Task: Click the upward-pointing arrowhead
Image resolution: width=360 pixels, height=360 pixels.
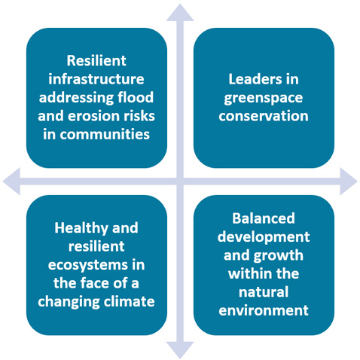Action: click(x=180, y=13)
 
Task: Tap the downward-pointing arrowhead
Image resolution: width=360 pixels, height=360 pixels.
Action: click(x=180, y=349)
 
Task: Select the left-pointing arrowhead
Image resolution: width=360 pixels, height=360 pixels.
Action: click(x=11, y=182)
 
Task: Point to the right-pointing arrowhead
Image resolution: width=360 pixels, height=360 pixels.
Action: click(x=349, y=182)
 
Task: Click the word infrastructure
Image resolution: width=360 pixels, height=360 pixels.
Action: click(x=96, y=79)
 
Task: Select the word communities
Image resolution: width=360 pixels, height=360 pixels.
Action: click(x=105, y=134)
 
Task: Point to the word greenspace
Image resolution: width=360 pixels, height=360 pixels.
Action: click(x=264, y=99)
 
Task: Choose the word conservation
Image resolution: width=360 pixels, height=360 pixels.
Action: click(x=264, y=116)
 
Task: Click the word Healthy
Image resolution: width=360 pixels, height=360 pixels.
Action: click(x=81, y=228)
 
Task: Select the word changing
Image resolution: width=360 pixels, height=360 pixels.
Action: click(x=69, y=302)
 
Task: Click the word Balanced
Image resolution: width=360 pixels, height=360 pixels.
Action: click(x=264, y=218)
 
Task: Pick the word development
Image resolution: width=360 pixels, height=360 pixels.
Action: click(x=264, y=237)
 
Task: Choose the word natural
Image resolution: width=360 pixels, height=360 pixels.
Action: click(x=264, y=292)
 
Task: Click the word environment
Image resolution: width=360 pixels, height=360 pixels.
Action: click(x=264, y=310)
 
